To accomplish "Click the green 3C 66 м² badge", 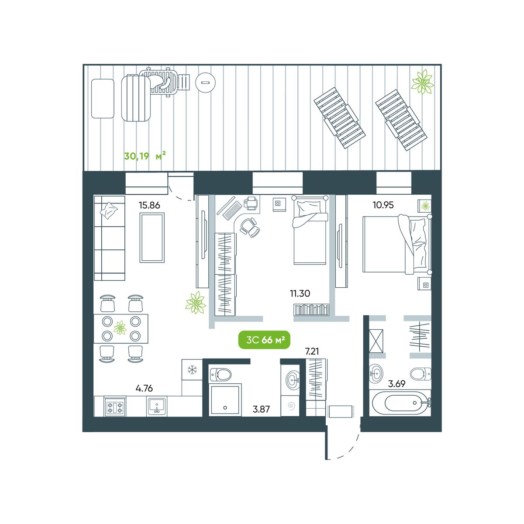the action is [264, 340].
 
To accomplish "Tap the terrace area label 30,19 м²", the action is [145, 156].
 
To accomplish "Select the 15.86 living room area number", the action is [149, 205].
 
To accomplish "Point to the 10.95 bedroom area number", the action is [383, 205].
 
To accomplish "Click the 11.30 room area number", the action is [300, 293].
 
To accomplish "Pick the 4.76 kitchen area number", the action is [144, 388].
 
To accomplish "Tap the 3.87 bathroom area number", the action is [261, 409].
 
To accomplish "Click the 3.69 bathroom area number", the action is [397, 384].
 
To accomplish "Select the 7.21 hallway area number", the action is [312, 352].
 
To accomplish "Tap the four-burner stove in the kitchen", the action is [115, 407].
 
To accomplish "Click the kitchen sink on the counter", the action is [157, 406].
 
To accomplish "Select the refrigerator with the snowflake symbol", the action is [192, 369].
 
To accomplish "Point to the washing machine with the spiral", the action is [291, 406].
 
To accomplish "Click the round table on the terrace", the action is [206, 82].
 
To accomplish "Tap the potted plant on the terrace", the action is [422, 82].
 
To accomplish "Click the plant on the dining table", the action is [120, 327].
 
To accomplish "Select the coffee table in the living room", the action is [152, 238].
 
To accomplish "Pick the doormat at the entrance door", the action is [341, 411].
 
